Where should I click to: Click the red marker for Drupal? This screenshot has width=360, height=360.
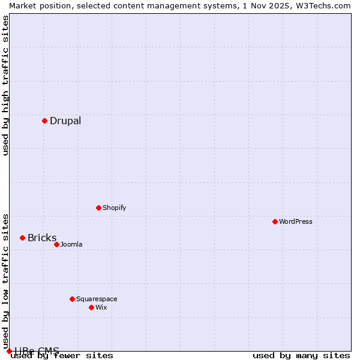point(44,121)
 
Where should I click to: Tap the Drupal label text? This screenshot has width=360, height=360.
point(65,121)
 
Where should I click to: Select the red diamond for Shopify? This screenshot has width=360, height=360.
point(98,208)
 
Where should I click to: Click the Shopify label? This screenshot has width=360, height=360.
point(114,208)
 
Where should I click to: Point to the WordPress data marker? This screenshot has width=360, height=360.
point(275,221)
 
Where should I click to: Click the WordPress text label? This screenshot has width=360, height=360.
point(296,221)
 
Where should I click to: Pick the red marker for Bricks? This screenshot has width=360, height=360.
point(22,238)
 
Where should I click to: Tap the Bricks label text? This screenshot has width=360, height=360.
point(42,238)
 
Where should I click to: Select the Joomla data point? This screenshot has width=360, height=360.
point(56,244)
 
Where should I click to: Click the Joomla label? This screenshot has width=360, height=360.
point(71,244)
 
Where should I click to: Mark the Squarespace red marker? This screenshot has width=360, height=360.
point(72,299)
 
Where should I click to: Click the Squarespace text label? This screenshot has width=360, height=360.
point(97,299)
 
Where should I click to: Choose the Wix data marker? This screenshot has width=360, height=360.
point(91,307)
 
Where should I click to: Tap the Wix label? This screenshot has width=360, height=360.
point(101,307)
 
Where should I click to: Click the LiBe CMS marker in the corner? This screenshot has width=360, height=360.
point(9,351)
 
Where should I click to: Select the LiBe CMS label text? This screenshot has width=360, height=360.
point(37,350)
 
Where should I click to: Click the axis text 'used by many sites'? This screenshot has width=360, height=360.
point(301,355)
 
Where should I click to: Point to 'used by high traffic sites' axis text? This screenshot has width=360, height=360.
point(6,85)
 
